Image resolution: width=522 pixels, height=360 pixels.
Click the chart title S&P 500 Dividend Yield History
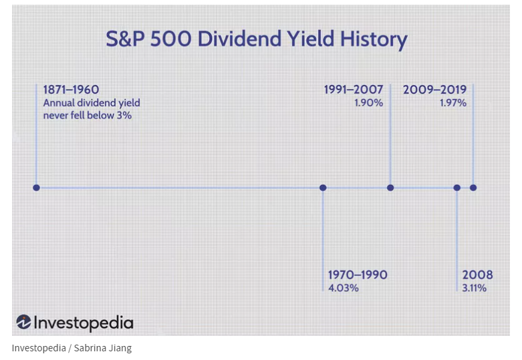[257, 39]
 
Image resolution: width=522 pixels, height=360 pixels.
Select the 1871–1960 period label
[71, 89]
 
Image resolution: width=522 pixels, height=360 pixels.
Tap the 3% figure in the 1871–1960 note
[124, 116]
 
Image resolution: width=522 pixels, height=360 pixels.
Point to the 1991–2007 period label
[354, 89]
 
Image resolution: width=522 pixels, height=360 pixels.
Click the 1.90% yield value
[368, 103]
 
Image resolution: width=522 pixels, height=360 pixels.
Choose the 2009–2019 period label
[435, 89]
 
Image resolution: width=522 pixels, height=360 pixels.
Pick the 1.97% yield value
[453, 103]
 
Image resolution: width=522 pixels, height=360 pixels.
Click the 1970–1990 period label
[358, 275]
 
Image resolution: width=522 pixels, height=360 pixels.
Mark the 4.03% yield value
[344, 288]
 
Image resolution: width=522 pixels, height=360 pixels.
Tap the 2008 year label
[477, 275]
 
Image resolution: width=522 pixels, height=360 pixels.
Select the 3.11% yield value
[475, 288]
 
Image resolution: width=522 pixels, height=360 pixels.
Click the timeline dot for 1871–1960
[37, 188]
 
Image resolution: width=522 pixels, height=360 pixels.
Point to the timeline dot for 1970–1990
[323, 188]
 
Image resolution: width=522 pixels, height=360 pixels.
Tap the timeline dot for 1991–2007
[390, 188]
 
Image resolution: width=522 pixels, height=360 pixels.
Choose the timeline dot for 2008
[457, 188]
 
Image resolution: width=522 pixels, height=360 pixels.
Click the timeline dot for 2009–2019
[473, 188]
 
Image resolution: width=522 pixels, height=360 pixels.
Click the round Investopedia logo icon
[23, 322]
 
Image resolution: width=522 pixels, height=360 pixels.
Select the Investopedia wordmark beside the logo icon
[84, 323]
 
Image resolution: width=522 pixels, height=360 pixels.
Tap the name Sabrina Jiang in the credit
[103, 348]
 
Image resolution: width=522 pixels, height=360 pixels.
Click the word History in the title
[374, 39]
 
